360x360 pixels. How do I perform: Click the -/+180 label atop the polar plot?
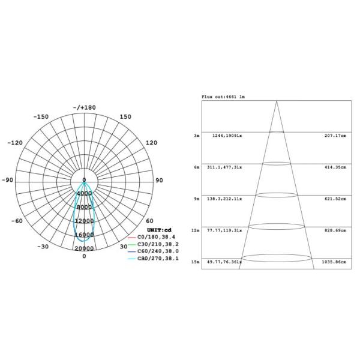click(x=84, y=108)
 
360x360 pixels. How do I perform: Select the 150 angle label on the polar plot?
click(x=125, y=117)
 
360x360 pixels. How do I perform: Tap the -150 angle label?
click(x=41, y=117)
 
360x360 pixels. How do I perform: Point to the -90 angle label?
click(x=7, y=180)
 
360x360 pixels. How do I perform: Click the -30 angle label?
click(x=43, y=247)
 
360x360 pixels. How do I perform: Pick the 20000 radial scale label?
click(x=85, y=248)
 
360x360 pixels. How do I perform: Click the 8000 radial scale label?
click(x=85, y=207)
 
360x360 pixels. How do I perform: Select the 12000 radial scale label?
click(x=85, y=221)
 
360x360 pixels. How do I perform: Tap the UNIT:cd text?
click(x=159, y=230)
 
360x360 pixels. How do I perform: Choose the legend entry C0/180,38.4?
click(x=156, y=238)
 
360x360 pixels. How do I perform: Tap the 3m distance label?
click(x=196, y=136)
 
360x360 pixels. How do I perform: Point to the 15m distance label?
click(x=196, y=262)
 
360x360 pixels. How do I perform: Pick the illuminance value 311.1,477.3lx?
click(x=224, y=167)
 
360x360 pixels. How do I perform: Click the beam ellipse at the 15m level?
click(x=277, y=258)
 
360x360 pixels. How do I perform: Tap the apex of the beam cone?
click(x=277, y=101)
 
